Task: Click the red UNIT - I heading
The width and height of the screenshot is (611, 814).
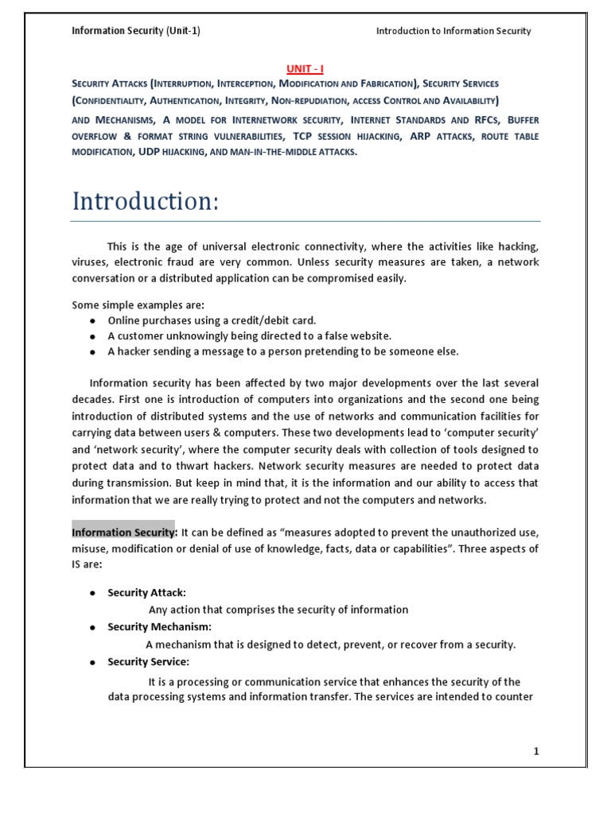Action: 305,69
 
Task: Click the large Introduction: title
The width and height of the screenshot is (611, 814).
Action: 146,201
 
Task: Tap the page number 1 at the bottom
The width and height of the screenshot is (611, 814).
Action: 537,752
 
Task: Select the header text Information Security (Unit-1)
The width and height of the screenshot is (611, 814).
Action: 136,31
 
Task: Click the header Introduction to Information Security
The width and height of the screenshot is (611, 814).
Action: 453,31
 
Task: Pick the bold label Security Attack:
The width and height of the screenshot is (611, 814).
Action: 146,593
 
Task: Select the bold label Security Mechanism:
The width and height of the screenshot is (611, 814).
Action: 159,627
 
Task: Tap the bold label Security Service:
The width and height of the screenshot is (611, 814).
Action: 148,662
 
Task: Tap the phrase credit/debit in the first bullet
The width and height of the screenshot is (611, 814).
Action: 259,320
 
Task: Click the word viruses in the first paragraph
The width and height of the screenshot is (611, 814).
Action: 89,262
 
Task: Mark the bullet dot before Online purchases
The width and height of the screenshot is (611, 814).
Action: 93,321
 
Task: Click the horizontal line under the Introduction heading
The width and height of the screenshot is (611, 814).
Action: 305,221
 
